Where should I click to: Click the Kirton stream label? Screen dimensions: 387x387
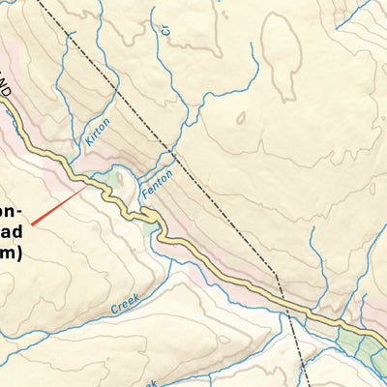(x=98, y=132)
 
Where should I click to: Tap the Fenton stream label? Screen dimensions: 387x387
(x=157, y=183)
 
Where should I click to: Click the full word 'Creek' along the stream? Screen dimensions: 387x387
(x=125, y=302)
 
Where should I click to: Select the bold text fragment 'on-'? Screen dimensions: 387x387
(x=10, y=209)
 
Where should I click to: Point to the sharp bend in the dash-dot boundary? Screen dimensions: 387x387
(x=277, y=275)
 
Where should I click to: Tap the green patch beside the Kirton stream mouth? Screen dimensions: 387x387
(x=116, y=179)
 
